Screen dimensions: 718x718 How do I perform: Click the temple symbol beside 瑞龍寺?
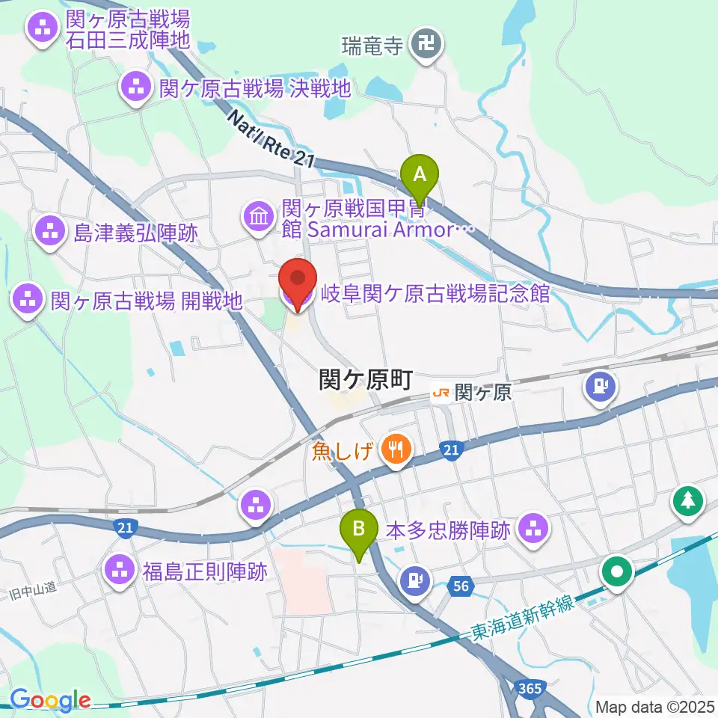coord(429,45)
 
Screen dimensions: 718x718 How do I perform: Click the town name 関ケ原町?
coord(366,381)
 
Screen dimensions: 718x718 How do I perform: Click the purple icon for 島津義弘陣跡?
coord(50,233)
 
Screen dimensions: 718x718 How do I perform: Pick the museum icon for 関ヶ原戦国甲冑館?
coord(258,217)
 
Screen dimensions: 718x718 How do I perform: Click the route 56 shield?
coord(460,587)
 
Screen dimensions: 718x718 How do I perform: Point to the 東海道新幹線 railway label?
coord(523,618)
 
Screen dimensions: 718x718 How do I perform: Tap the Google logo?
coord(50,700)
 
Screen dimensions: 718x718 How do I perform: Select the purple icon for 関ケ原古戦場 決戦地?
coord(136,88)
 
